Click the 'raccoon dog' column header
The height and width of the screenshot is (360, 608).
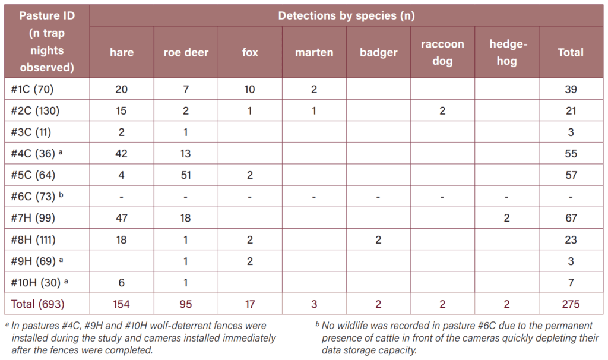442,52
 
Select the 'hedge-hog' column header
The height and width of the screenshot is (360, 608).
507,52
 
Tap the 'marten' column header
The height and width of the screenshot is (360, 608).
314,52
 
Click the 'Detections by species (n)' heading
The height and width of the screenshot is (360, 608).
346,15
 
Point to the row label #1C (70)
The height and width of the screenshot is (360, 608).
32,90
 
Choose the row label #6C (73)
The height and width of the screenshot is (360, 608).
37,196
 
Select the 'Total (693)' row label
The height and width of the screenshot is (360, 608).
37,304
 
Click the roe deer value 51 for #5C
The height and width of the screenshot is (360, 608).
186,175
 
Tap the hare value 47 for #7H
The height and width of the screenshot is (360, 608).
121,218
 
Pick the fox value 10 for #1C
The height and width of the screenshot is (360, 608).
250,90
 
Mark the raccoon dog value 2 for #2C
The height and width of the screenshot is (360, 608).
442,111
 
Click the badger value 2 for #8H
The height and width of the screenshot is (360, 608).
378,240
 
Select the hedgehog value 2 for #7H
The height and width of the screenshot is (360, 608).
507,218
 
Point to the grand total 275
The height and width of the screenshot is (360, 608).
571,304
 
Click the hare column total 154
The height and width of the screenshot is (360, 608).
121,304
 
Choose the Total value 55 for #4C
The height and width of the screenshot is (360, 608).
571,154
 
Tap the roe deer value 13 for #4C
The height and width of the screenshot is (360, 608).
186,154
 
